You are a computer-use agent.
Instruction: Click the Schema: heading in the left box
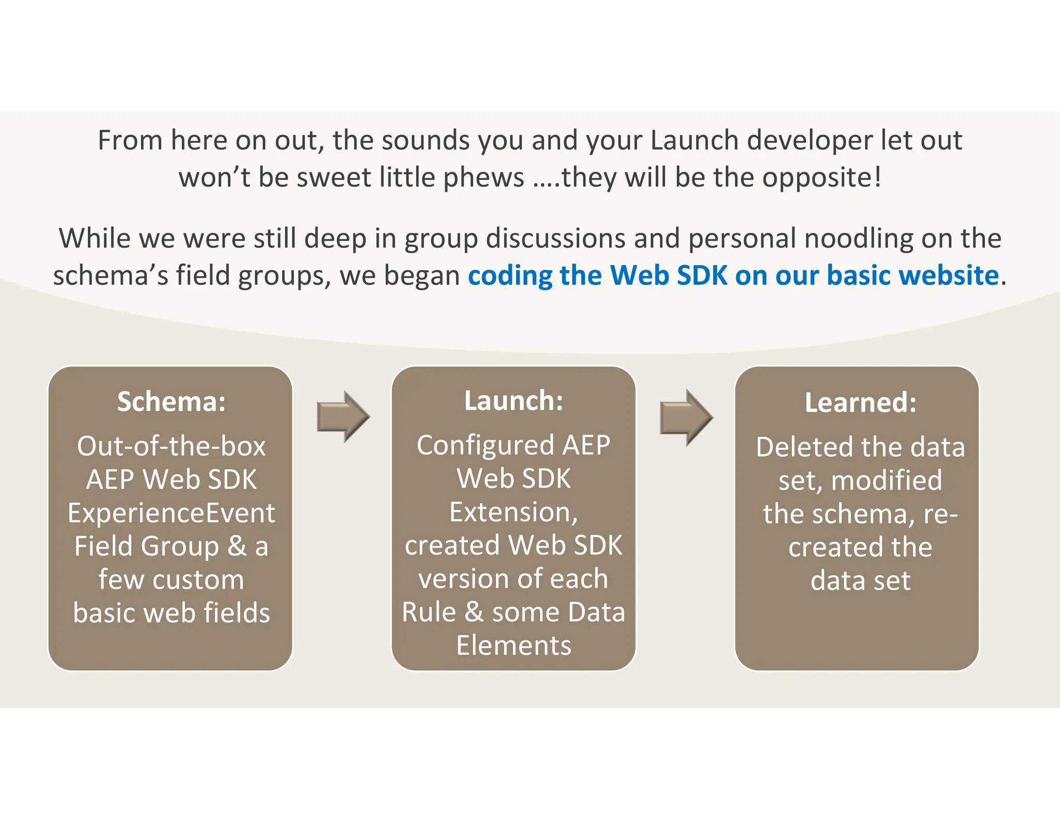pos(171,402)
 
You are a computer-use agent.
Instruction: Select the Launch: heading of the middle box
pos(513,401)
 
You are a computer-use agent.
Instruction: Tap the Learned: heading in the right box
pos(860,403)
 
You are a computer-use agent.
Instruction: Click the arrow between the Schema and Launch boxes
pos(343,416)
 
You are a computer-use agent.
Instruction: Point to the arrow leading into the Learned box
pos(686,417)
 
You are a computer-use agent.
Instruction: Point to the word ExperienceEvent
pos(171,513)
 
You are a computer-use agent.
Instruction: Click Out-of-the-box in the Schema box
pos(171,446)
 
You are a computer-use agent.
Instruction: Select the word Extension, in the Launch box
pos(513,512)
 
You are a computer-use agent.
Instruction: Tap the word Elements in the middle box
pos(513,646)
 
